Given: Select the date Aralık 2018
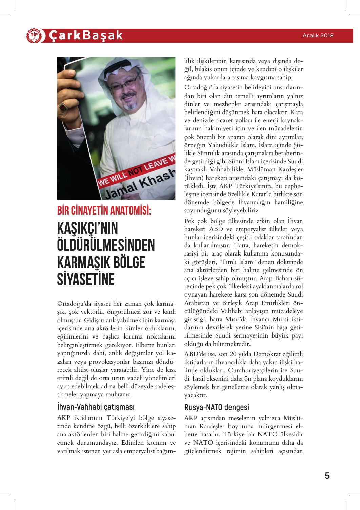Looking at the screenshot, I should [x=318, y=35].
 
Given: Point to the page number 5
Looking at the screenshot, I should [x=327, y=476].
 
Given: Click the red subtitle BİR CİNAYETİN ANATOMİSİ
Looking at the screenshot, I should [x=104, y=211].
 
